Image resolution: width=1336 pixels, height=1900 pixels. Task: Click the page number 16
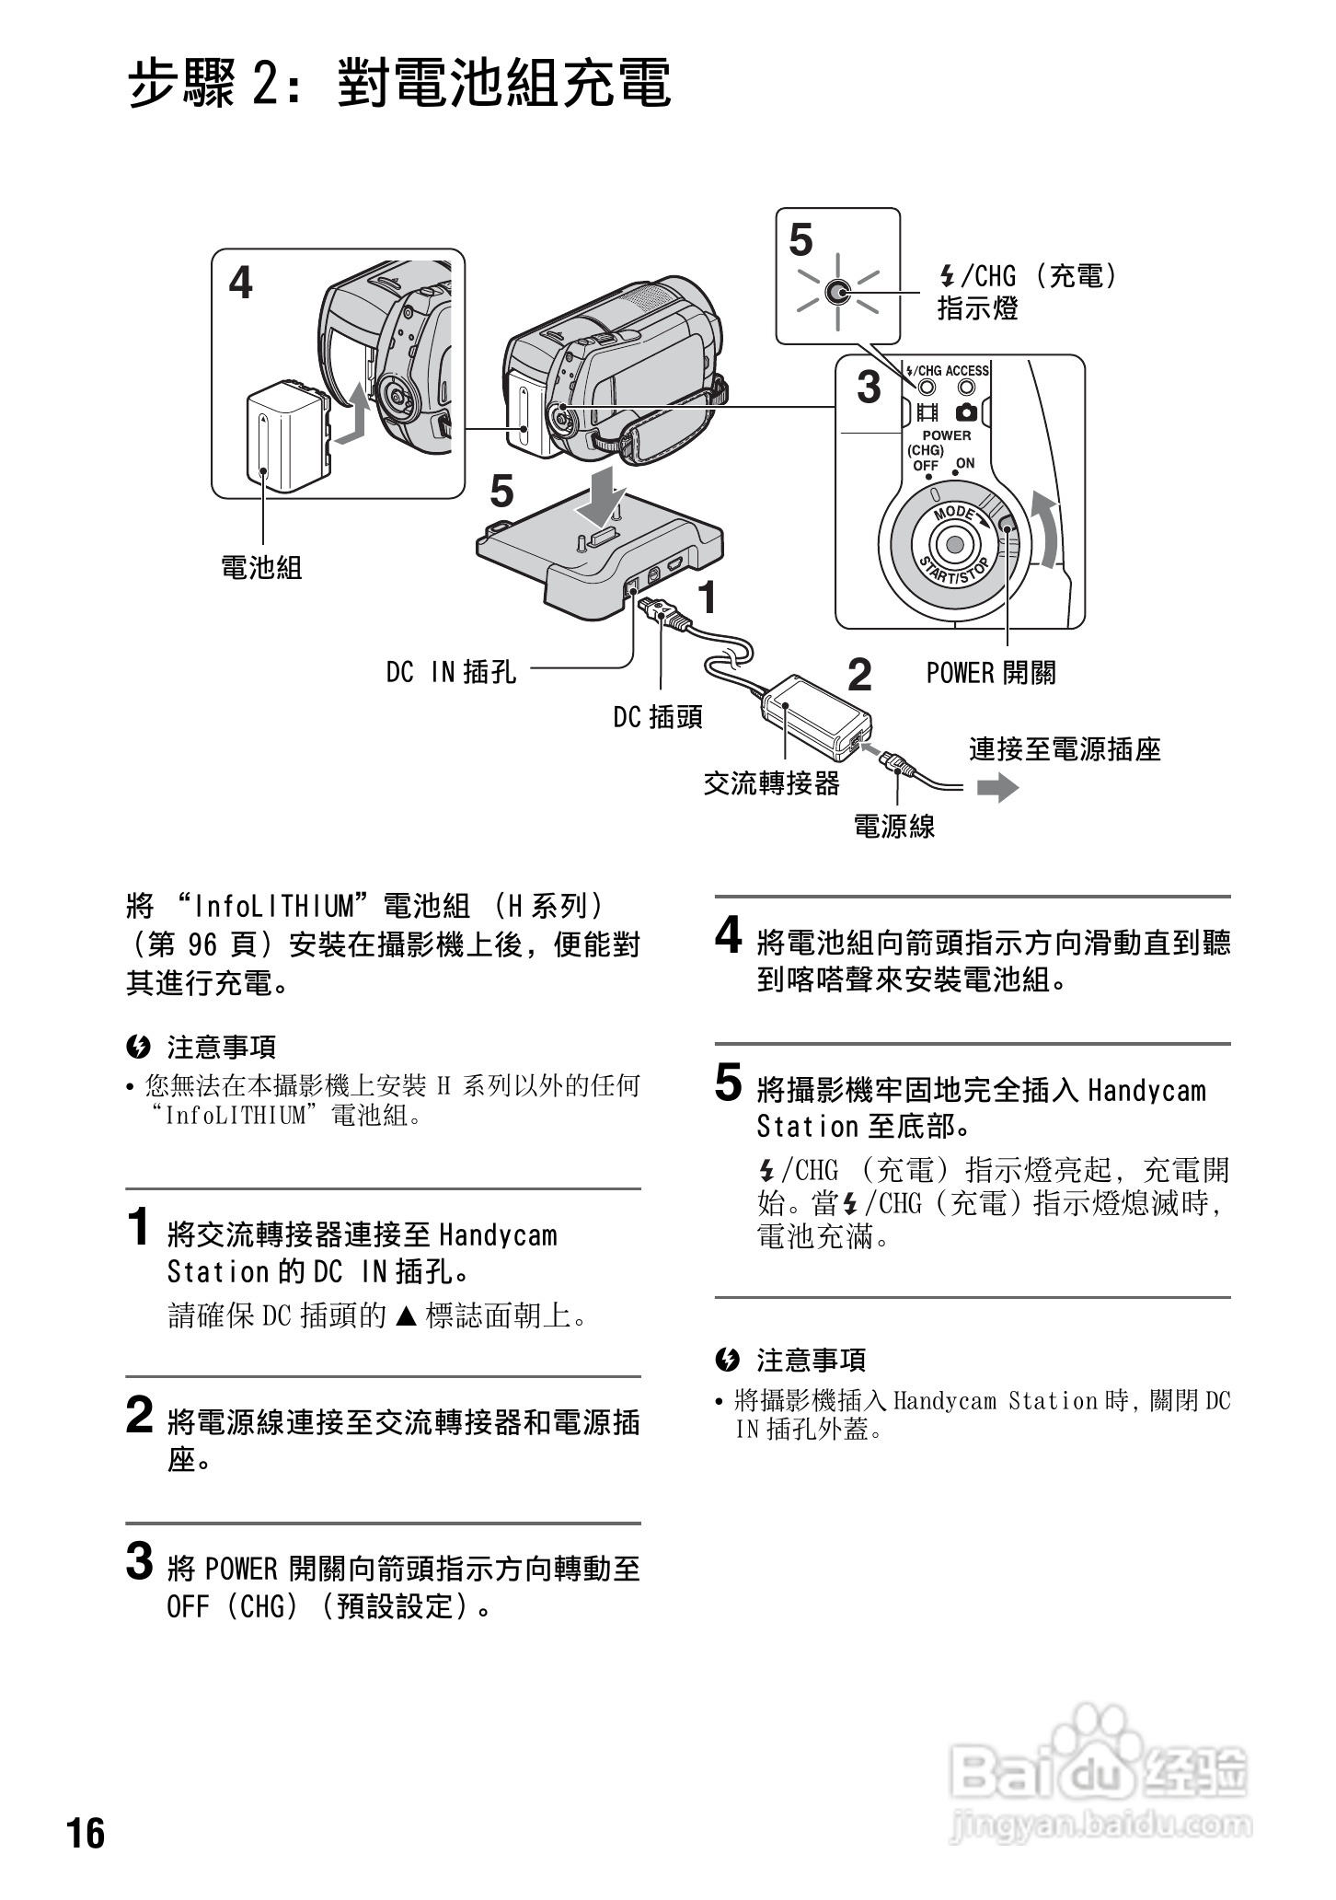coord(86,1833)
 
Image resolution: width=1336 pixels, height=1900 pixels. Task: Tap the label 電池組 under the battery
coord(262,567)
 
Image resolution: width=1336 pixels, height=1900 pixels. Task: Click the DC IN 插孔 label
coord(451,673)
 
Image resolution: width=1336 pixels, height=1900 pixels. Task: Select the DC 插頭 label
coord(658,717)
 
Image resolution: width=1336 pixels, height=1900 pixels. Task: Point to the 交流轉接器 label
coord(771,783)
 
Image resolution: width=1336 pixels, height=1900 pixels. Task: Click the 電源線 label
coord(894,826)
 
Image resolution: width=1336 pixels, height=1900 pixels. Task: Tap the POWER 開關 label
coord(991,673)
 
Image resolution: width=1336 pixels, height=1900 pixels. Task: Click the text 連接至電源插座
coord(1065,749)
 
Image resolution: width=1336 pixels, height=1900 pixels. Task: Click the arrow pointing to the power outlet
coord(997,788)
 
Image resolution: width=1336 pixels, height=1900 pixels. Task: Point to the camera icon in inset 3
coord(966,411)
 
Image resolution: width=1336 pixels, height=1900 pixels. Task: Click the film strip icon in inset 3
coord(927,411)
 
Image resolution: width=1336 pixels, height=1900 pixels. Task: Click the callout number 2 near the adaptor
coord(858,676)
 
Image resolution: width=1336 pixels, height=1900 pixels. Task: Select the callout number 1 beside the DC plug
coord(707,598)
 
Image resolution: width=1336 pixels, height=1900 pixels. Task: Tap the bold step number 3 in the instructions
coord(139,1561)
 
